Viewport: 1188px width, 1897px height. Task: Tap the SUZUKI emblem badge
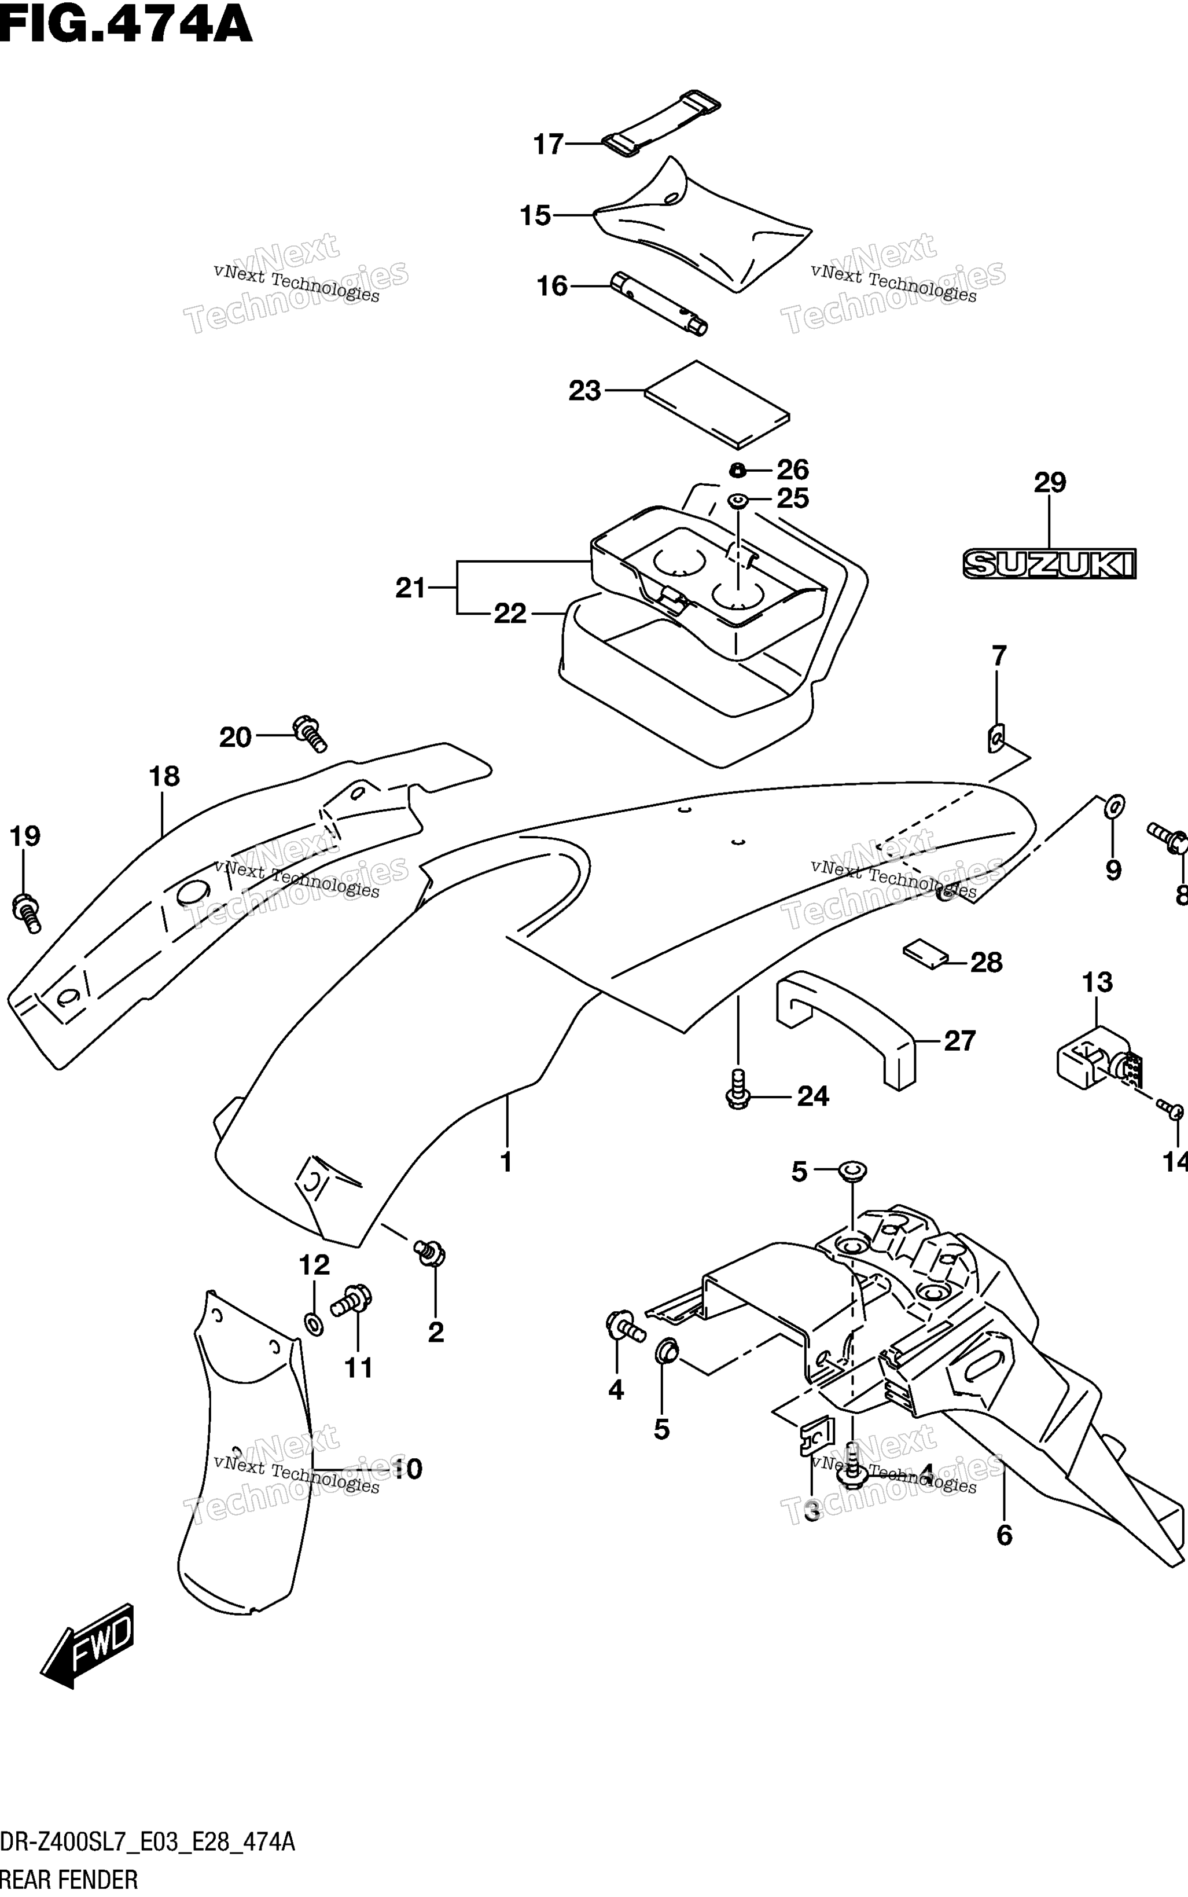1050,563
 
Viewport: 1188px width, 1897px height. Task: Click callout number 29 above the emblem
1050,483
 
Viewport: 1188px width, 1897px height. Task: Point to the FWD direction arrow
88,1644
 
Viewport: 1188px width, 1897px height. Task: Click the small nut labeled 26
737,470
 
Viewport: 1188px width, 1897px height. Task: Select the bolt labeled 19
27,912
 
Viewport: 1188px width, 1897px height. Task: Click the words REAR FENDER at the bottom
69,1880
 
